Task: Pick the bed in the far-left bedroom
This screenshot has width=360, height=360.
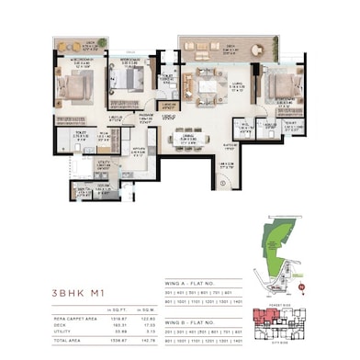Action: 73,90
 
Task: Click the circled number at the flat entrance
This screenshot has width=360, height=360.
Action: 223,184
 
